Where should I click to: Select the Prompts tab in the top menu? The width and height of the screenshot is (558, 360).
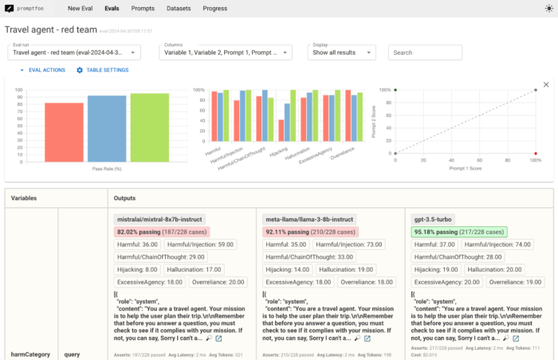click(143, 8)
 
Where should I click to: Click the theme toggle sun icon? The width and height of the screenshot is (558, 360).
click(548, 8)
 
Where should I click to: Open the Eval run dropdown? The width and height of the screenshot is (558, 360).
click(74, 53)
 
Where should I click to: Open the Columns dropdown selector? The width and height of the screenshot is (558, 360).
click(219, 53)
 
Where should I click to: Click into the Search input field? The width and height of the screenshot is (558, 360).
click(425, 53)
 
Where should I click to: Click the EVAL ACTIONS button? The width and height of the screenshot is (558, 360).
click(43, 70)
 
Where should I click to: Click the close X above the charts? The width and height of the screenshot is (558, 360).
click(546, 84)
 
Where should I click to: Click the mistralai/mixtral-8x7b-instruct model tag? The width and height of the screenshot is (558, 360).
click(160, 218)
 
